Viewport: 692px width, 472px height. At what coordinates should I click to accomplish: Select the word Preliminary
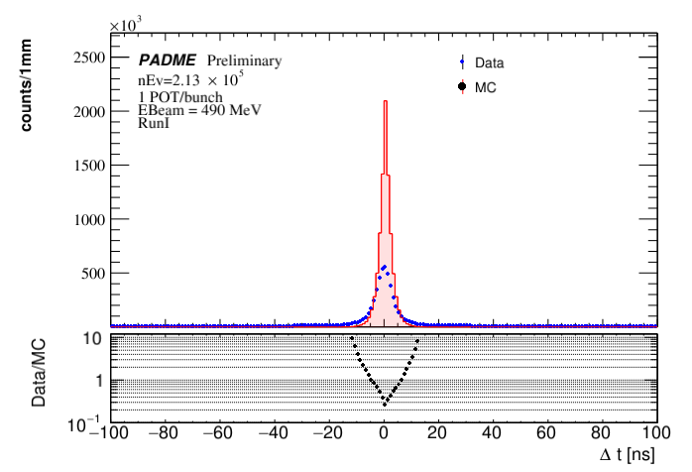pyautogui.click(x=244, y=60)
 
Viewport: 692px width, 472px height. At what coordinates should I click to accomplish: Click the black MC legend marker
pyautogui.click(x=463, y=87)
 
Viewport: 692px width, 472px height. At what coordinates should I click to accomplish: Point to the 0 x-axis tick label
pyautogui.click(x=385, y=433)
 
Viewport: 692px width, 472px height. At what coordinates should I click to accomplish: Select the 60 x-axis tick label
pyautogui.click(x=548, y=433)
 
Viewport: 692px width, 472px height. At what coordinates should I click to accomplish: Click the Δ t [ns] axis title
pyautogui.click(x=627, y=455)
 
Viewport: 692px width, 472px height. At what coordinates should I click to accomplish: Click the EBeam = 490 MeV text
pyautogui.click(x=198, y=110)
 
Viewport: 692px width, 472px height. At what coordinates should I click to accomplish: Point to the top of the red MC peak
pyautogui.click(x=385, y=101)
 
